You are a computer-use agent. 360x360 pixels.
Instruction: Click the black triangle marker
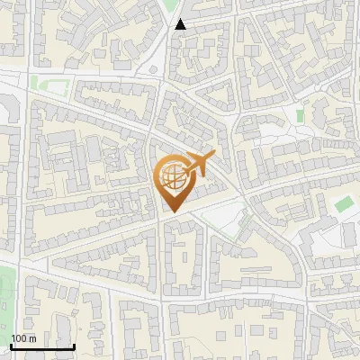[x=181, y=24]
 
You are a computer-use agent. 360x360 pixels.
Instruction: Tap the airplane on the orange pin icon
[x=197, y=166]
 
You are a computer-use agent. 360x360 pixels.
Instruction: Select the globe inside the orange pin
[x=171, y=176]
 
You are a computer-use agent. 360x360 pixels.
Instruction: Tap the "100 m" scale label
[x=23, y=338]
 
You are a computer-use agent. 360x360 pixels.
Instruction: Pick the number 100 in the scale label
[x=19, y=338]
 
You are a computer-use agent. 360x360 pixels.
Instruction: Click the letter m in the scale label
[x=31, y=338]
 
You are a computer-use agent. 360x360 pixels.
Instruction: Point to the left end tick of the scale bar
[x=11, y=345]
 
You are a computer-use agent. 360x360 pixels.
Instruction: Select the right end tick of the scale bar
[x=74, y=345]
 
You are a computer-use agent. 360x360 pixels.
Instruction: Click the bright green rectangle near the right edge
[x=342, y=204]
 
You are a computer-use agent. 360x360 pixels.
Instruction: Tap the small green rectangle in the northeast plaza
[x=300, y=116]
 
